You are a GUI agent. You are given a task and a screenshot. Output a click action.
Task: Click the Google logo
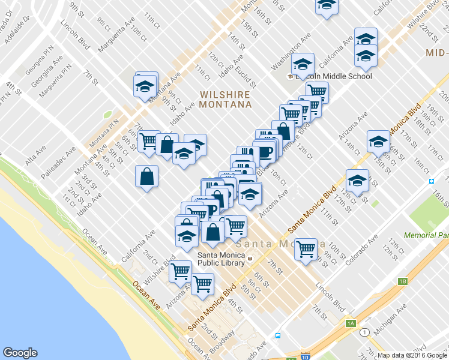click(20, 353)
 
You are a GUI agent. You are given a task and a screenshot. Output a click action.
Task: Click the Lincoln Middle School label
click(334, 76)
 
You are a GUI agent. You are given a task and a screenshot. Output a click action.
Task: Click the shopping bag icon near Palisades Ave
click(146, 177)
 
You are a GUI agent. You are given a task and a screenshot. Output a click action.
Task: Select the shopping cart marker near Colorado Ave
click(306, 248)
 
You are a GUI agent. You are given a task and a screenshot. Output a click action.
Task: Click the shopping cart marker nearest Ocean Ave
click(181, 271)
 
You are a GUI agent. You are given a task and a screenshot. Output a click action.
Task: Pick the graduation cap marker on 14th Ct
click(378, 142)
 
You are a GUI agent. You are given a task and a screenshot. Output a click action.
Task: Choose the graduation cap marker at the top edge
click(327, 5)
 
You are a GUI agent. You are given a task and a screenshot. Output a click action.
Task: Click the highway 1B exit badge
click(403, 281)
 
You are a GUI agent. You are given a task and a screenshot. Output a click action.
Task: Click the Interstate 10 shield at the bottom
click(306, 357)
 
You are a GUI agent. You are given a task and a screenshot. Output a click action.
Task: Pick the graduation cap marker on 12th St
click(357, 181)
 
